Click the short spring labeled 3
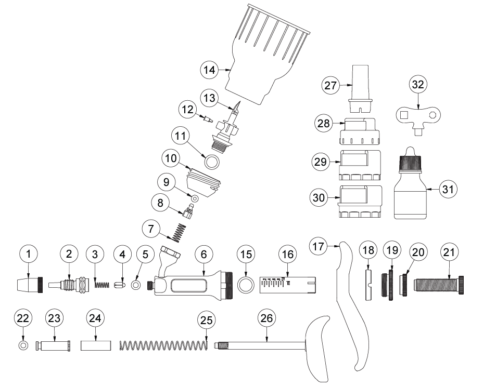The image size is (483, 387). pyautogui.click(x=103, y=285)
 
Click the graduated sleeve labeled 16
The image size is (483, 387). pyautogui.click(x=285, y=285)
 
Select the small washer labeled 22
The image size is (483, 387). pyautogui.click(x=22, y=345)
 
